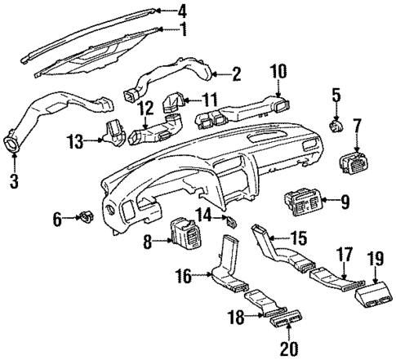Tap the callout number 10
pos(278,72)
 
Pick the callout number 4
pos(182,11)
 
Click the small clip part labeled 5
pos(336,124)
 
